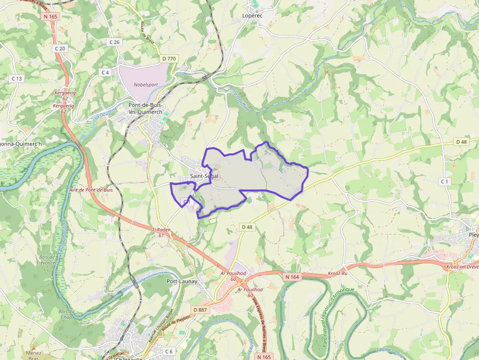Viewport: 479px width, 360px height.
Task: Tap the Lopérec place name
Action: [252, 16]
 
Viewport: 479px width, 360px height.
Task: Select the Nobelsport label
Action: [146, 85]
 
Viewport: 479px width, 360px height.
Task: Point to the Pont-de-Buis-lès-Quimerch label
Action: [145, 108]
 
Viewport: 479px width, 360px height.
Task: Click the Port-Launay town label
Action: [182, 281]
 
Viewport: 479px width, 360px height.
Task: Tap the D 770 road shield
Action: [169, 59]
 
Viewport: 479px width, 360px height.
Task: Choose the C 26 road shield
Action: [114, 42]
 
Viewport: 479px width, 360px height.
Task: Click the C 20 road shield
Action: [60, 48]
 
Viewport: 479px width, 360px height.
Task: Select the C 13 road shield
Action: [17, 78]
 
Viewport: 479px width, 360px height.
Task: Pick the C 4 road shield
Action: [105, 72]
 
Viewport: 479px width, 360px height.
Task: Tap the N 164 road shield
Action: [291, 277]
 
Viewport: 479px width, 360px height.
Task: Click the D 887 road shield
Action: [200, 310]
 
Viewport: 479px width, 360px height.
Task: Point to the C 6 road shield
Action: [169, 351]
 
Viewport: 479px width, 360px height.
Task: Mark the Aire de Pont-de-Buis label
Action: [91, 190]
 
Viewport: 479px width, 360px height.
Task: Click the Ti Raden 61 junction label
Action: [161, 232]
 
